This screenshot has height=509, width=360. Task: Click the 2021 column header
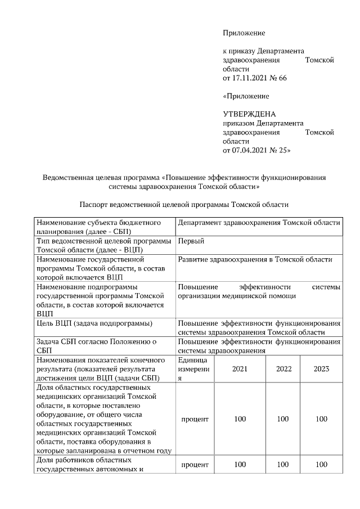[x=240, y=369]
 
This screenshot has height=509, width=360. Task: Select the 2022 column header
[x=283, y=369]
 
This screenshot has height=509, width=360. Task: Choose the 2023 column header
[x=321, y=369]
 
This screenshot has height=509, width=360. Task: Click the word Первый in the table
[x=191, y=241]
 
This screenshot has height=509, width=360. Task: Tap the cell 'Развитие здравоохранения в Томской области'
[x=255, y=259]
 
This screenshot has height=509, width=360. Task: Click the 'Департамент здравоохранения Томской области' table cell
[x=259, y=223]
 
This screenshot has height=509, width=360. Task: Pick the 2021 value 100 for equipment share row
[x=240, y=419]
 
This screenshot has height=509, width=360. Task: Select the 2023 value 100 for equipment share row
[x=321, y=419]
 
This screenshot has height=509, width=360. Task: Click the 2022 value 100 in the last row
[x=283, y=464]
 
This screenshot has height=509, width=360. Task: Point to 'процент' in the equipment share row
[x=195, y=419]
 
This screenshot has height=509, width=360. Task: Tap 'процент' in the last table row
[x=195, y=464]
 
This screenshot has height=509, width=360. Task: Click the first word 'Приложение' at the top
[x=244, y=33]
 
